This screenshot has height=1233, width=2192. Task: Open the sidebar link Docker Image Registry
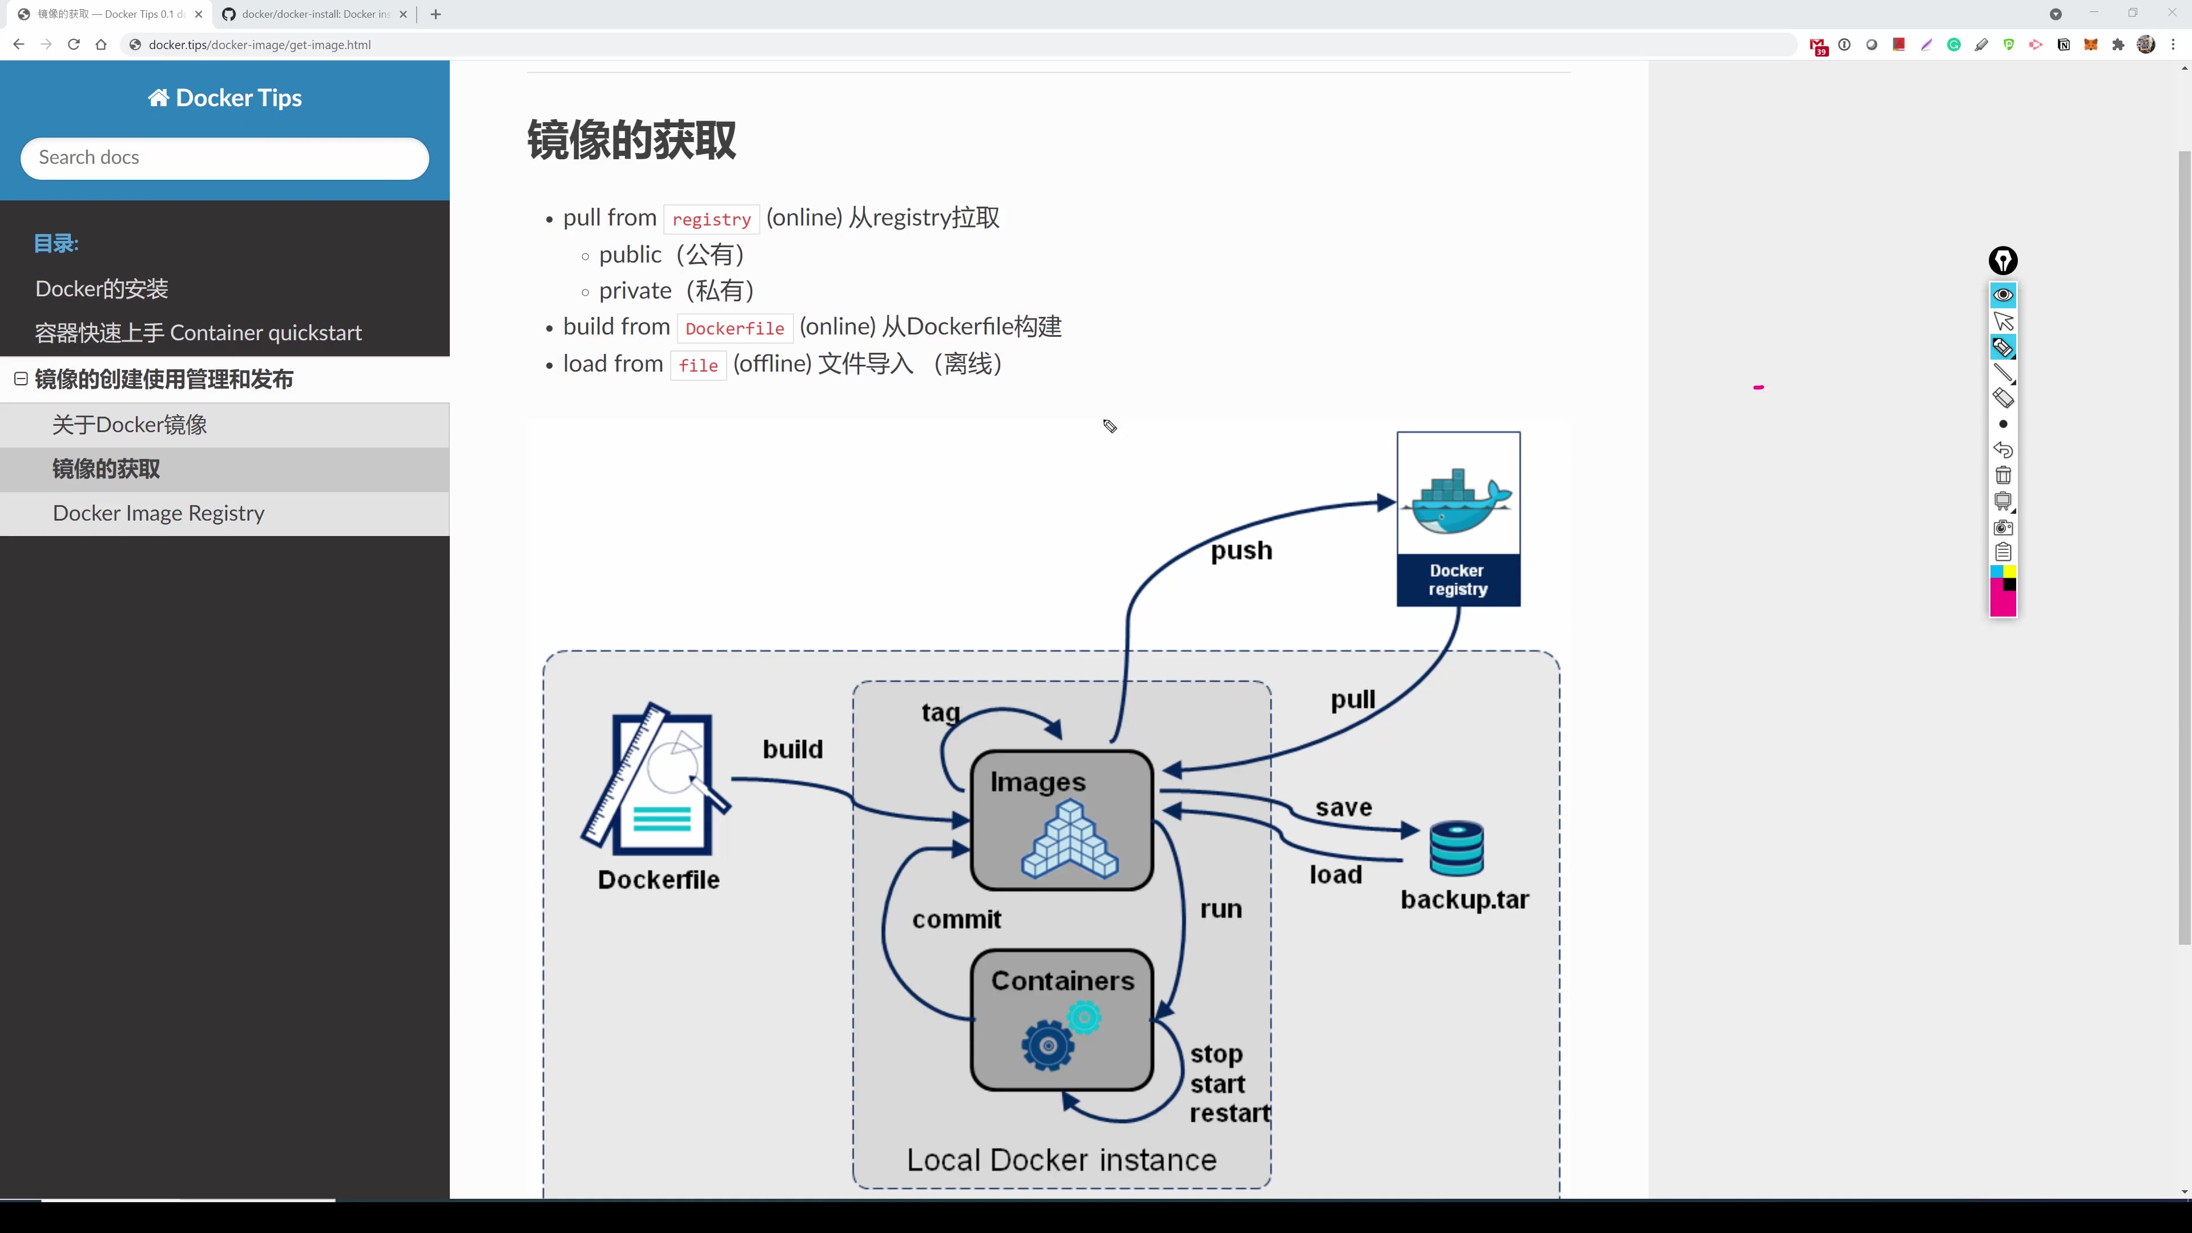click(x=158, y=513)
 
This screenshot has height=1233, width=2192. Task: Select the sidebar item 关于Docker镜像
click(x=130, y=425)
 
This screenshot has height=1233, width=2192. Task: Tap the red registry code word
click(x=711, y=220)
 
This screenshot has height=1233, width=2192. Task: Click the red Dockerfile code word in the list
click(x=734, y=328)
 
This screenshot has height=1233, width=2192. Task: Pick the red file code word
click(x=698, y=366)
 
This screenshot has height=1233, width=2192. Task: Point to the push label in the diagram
click(x=1242, y=550)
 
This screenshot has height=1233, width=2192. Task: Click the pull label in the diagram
click(x=1352, y=699)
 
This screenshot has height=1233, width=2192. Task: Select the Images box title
click(x=1037, y=782)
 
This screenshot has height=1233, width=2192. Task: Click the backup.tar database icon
click(x=1456, y=848)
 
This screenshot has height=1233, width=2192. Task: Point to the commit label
click(x=957, y=919)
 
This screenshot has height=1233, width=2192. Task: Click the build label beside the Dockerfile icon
click(x=792, y=749)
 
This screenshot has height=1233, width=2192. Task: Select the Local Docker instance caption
click(x=1061, y=1160)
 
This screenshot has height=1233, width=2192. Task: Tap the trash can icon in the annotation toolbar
click(x=2003, y=476)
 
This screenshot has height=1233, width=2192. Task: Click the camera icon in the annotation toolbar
click(x=2003, y=527)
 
